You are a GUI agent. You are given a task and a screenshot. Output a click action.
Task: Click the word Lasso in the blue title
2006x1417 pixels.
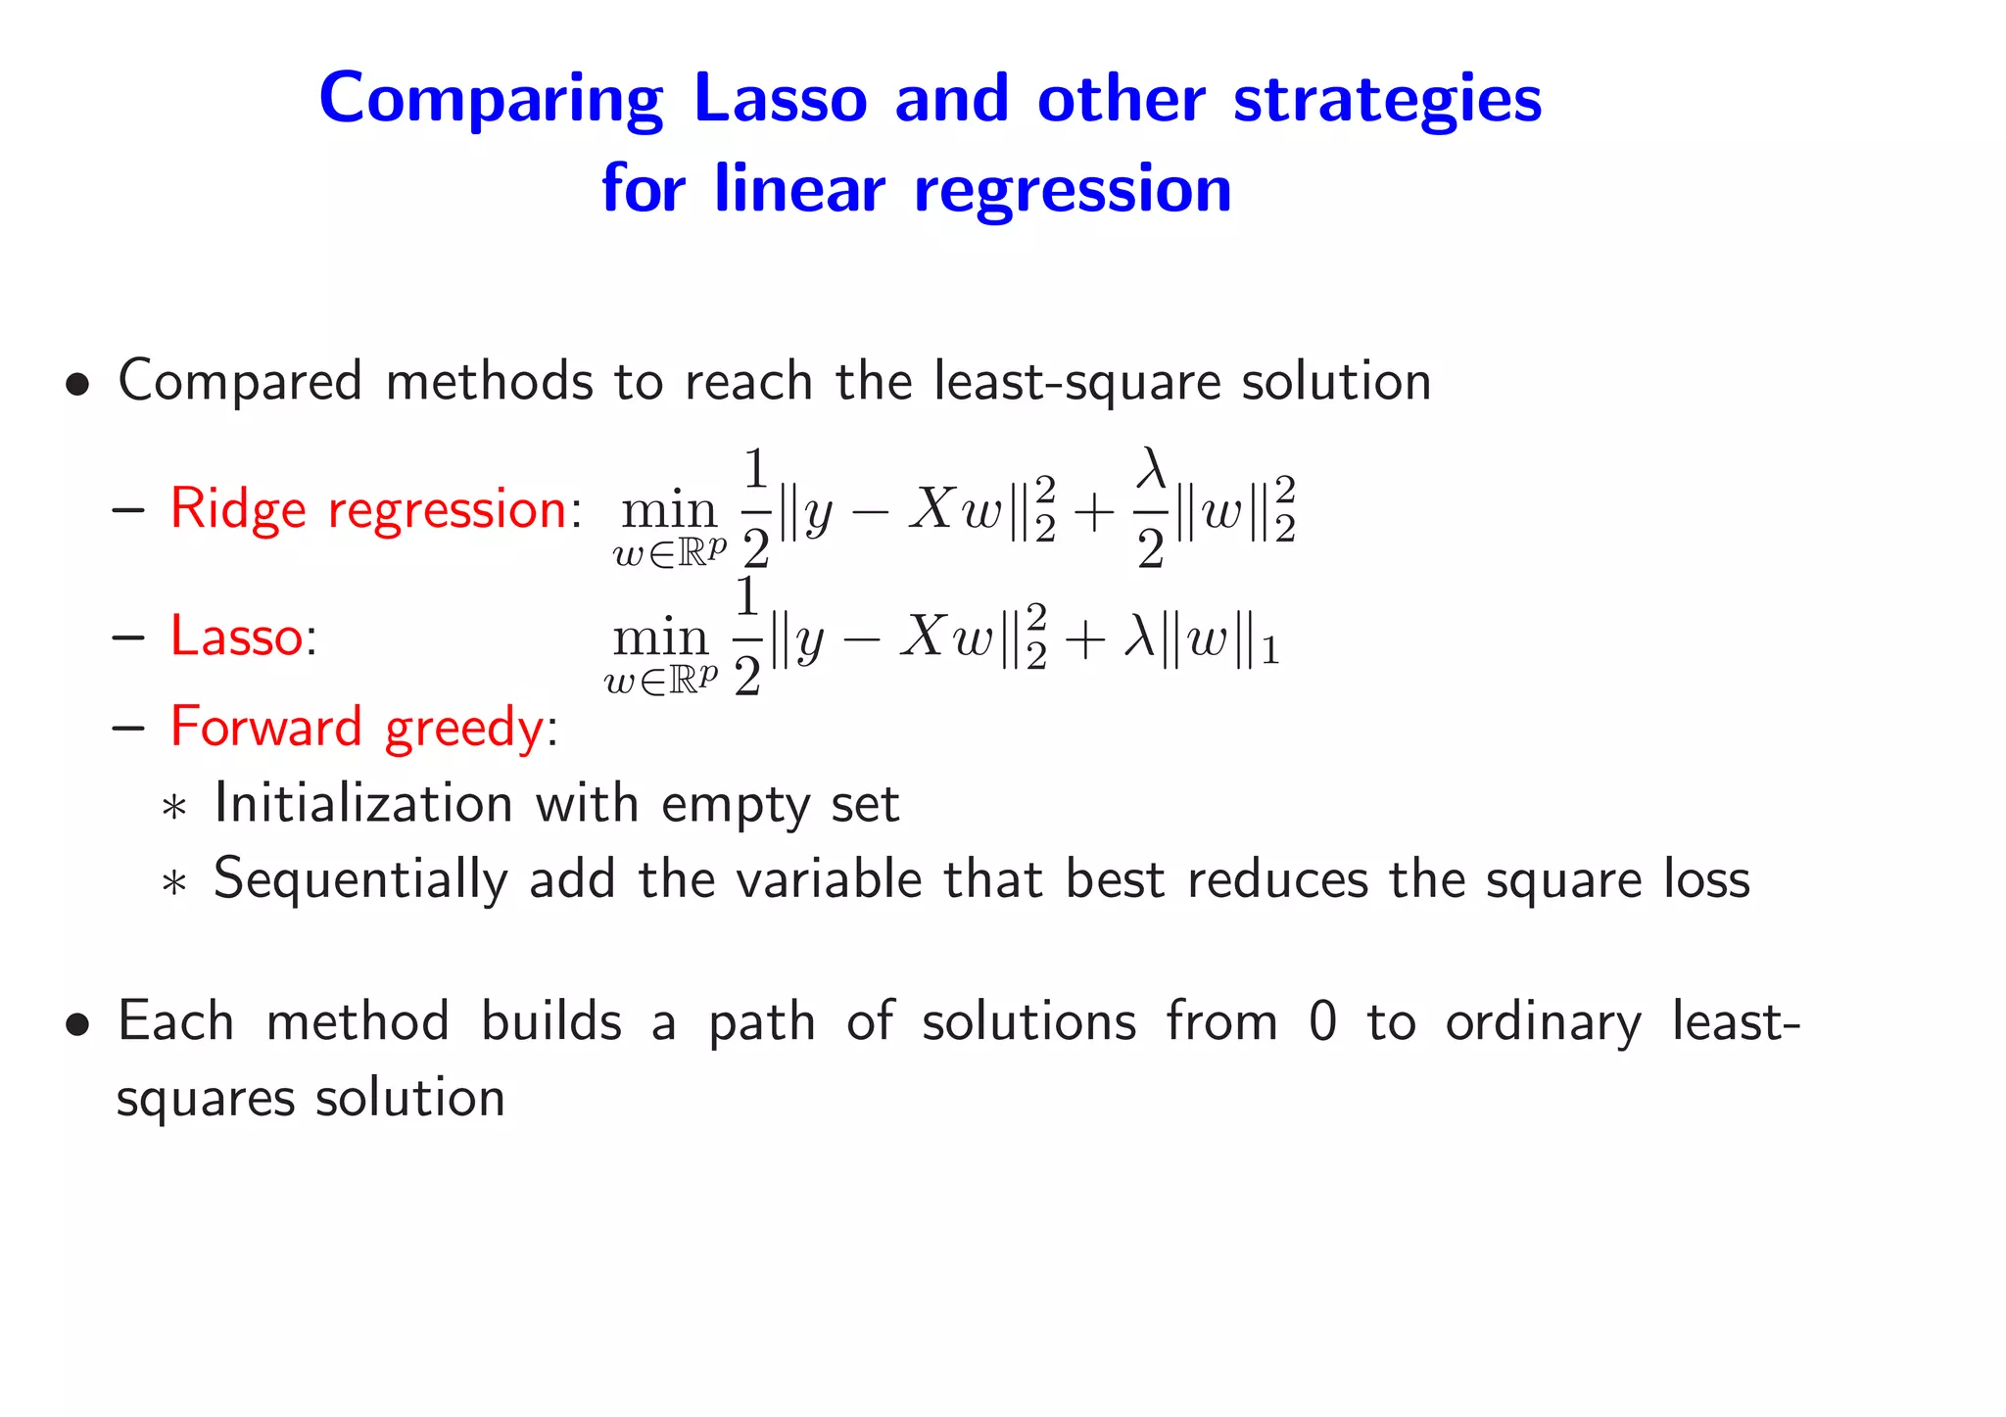pos(780,99)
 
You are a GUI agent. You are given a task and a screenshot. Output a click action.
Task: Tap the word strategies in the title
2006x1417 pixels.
pos(1387,99)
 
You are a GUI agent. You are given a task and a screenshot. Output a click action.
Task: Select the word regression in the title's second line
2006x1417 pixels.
pos(1073,189)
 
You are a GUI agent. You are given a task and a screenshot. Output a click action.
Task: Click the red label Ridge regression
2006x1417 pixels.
pos(368,509)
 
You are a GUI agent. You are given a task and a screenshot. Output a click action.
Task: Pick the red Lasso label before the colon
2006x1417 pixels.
pos(236,636)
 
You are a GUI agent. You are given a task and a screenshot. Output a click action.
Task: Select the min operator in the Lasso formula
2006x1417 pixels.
pos(660,638)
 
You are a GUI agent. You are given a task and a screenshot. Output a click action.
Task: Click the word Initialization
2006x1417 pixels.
pos(363,804)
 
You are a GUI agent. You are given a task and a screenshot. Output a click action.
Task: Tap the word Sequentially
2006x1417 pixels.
pos(360,879)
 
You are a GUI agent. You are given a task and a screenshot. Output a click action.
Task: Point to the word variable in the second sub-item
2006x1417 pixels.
pos(829,878)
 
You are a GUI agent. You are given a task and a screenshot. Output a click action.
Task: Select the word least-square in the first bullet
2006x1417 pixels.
pos(1076,381)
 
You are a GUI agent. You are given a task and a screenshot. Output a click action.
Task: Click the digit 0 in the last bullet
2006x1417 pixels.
pos(1321,1021)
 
